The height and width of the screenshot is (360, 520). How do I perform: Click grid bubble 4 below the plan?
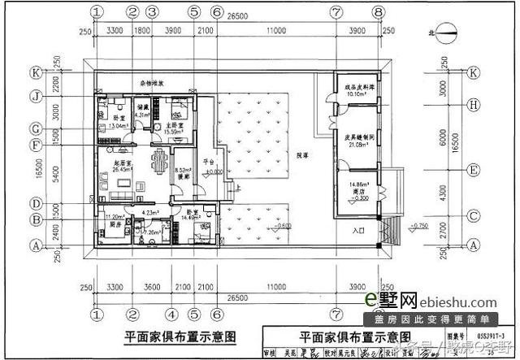click(x=172, y=313)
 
